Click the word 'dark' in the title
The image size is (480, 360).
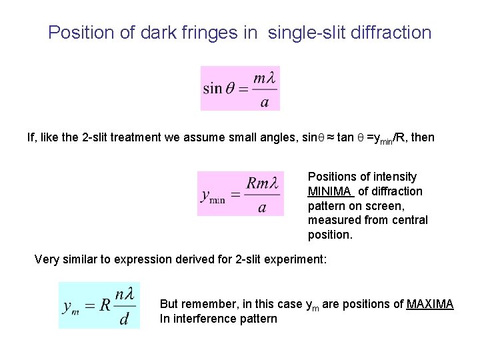158,32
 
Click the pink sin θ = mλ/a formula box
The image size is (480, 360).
240,88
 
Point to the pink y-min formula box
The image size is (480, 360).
240,193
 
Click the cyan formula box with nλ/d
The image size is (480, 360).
99,305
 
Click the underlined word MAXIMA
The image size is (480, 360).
430,304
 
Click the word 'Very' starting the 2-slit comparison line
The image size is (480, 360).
46,259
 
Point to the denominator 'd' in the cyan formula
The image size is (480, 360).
124,319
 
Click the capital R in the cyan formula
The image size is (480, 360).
105,305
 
